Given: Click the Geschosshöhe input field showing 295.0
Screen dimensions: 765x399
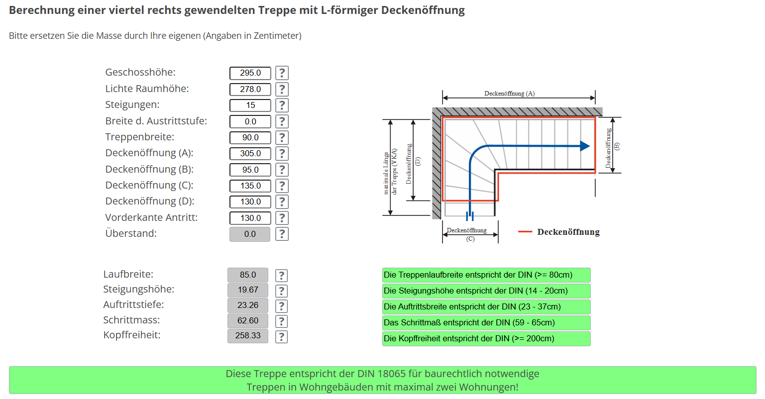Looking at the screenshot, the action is pos(250,73).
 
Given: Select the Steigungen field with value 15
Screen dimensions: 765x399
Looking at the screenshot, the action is pos(250,105).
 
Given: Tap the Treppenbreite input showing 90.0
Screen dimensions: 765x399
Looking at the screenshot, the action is pos(250,137).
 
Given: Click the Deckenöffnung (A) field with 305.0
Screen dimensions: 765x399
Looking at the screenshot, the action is pos(250,154).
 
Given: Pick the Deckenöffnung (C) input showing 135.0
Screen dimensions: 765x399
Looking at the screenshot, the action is pos(250,186).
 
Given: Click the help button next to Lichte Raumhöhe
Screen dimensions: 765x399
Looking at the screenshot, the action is pos(282,89).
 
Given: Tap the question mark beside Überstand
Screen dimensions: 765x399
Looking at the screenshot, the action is pos(282,234).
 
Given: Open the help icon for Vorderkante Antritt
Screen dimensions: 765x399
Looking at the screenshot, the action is pos(282,218).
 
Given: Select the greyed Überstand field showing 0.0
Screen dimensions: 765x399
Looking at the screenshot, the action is pos(250,234).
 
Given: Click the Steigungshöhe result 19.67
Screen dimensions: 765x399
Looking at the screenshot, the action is pos(247,290).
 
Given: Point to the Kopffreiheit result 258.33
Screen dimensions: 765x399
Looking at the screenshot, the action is pos(247,336).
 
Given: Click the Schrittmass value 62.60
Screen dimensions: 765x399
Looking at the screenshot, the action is pos(247,321).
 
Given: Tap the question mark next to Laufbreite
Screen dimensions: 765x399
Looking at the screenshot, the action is pos(281,276).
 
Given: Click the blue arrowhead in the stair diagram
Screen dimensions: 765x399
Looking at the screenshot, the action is pos(585,146).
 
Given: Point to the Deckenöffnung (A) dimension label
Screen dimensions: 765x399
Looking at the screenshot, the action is pos(509,94).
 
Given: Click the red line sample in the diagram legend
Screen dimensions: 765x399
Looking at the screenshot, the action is pos(525,232).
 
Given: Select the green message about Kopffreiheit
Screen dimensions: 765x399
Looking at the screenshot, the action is pos(486,339).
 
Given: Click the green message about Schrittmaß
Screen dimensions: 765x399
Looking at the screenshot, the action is pos(486,323).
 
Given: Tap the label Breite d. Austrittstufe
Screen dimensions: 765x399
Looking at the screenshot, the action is pos(156,121).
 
